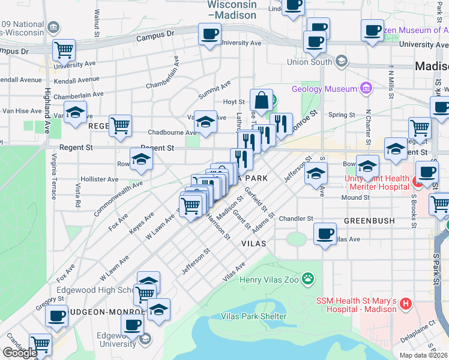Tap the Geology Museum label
pos(324,89)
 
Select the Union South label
pos(310,61)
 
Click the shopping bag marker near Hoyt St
pos(262,100)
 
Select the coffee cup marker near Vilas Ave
pos(325,233)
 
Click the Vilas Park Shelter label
pos(254,316)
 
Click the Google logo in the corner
pos(20,353)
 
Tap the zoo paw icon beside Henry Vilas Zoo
pos(308,278)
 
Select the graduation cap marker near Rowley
pos(141,160)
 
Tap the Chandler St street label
pos(296,219)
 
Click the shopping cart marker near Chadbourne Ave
pos(121,126)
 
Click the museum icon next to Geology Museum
pos(365,89)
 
